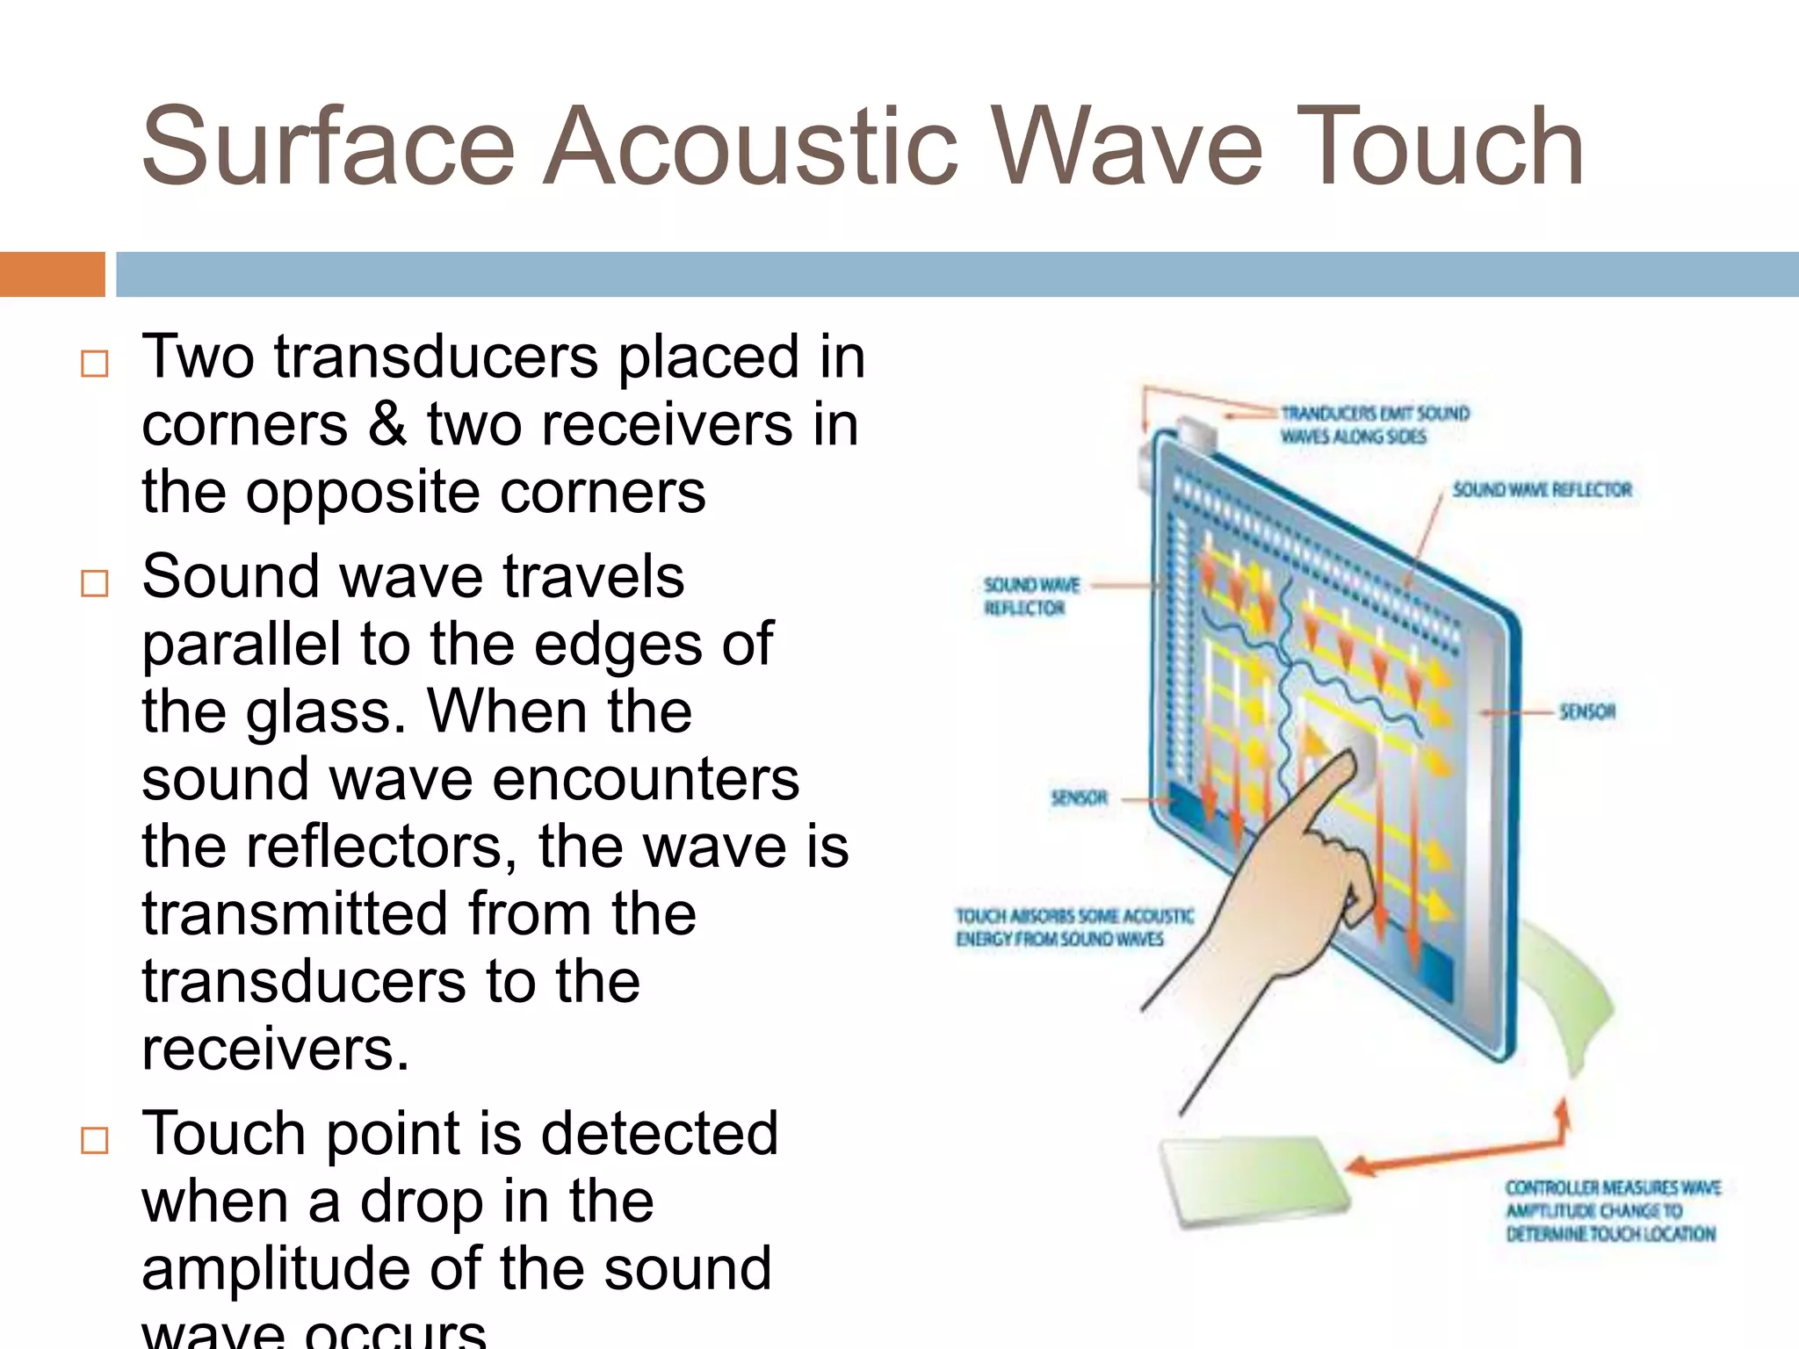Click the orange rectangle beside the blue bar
pyautogui.click(x=52, y=274)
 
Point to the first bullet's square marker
pyautogui.click(x=94, y=364)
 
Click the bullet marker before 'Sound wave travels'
pyautogui.click(x=94, y=583)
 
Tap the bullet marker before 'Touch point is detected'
pyautogui.click(x=94, y=1140)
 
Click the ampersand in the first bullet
pyautogui.click(x=387, y=424)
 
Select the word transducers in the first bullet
pyautogui.click(x=436, y=357)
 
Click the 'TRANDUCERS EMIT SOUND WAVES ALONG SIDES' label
pyautogui.click(x=1374, y=425)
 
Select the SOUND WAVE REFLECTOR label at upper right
pyautogui.click(x=1542, y=490)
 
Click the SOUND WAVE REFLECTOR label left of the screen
pyautogui.click(x=1030, y=596)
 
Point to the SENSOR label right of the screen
pyautogui.click(x=1587, y=711)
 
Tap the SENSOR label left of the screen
pyautogui.click(x=1079, y=797)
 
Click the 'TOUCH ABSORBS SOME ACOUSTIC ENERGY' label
pyautogui.click(x=1073, y=927)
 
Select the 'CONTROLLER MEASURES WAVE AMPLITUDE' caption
pyautogui.click(x=1611, y=1211)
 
